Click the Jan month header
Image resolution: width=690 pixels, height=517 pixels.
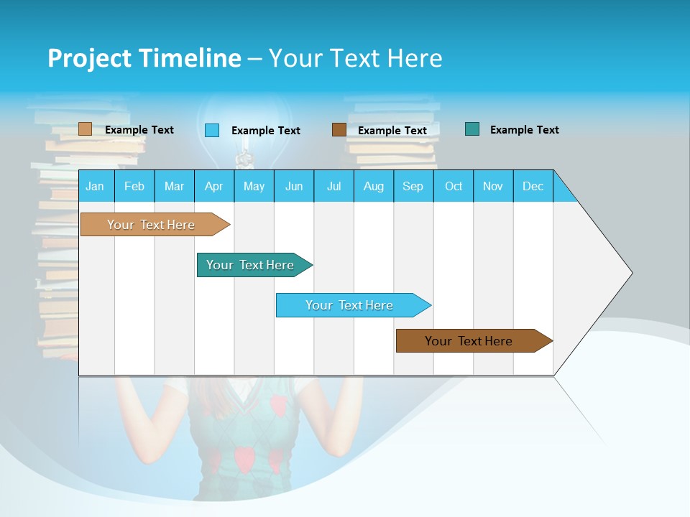point(95,186)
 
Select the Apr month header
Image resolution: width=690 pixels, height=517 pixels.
point(213,186)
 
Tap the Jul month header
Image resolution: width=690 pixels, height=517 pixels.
point(333,186)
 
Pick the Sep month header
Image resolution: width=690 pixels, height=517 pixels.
point(413,186)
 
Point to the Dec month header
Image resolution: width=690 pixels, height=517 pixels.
point(533,186)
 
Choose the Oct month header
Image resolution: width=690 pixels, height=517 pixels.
point(454,186)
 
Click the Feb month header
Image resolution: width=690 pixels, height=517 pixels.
point(134,186)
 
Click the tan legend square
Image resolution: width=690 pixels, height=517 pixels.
point(85,129)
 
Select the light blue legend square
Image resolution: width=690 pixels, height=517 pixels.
point(212,130)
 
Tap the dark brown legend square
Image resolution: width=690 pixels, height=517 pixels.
point(339,129)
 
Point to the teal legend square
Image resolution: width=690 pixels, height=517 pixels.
point(472,129)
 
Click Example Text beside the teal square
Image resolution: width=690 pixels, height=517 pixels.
point(524,130)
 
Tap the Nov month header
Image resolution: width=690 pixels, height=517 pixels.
point(493,186)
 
